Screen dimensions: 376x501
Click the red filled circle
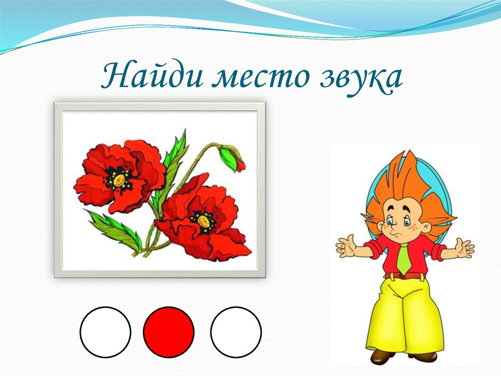tap(169, 332)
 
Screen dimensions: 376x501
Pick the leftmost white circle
tap(105, 332)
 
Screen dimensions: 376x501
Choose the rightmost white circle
tap(236, 332)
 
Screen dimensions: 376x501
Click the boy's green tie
tap(404, 258)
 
